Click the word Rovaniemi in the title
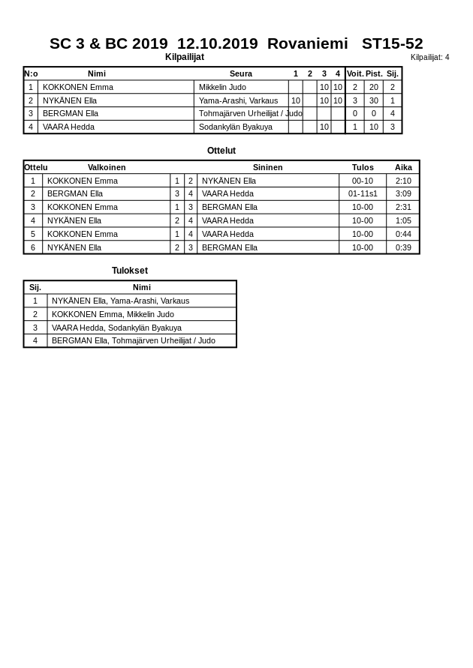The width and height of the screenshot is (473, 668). [307, 43]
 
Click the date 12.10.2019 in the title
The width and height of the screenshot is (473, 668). [217, 43]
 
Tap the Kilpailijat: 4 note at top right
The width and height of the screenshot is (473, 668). [429, 57]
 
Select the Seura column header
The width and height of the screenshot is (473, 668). [241, 73]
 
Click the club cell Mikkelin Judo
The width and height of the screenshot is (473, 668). [222, 87]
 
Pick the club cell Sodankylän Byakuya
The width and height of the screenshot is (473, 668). [236, 127]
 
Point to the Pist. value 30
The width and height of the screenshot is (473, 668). [373, 100]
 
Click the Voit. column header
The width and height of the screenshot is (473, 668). [354, 73]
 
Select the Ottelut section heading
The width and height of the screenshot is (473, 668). [221, 151]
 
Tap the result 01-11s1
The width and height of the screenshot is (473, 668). [363, 193]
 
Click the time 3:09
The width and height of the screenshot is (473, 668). [403, 193]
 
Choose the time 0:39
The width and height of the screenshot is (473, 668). [403, 247]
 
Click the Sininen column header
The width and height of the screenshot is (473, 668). [268, 167]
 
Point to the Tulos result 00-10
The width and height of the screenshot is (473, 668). [363, 181]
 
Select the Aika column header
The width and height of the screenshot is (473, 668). [403, 167]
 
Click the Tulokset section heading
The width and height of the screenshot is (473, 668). [130, 271]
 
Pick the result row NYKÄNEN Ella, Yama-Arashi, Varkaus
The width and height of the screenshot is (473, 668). [120, 301]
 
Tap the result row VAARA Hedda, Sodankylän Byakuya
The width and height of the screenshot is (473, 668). [116, 328]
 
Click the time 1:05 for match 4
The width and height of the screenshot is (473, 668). [403, 220]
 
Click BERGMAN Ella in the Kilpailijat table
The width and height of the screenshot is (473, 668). [71, 113]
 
